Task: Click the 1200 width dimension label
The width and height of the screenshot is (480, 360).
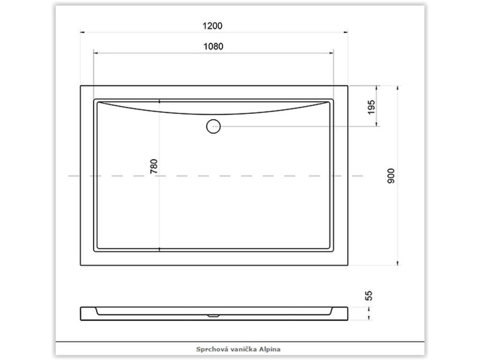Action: (212, 26)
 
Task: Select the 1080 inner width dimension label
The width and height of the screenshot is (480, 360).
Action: (213, 46)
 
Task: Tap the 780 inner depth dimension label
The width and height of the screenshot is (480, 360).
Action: (154, 166)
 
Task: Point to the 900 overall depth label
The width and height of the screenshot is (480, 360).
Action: (391, 176)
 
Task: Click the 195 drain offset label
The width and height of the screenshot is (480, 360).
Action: (371, 107)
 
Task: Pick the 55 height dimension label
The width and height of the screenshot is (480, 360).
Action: (369, 296)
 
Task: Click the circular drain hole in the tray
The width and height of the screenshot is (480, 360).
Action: (213, 126)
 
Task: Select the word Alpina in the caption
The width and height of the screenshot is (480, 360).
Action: (270, 349)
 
